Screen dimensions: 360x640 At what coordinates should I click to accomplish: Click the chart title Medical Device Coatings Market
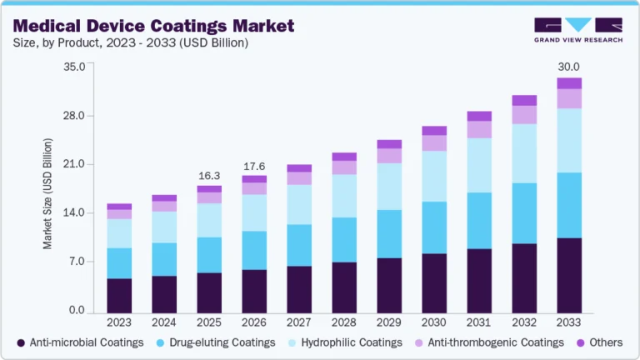coord(153,25)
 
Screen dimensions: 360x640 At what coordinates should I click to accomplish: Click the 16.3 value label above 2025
coord(209,176)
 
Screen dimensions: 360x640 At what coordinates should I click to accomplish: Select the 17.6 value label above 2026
coord(254,166)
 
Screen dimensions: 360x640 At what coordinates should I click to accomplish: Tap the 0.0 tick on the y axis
coord(77,311)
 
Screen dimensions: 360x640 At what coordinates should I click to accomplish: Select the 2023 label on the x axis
coord(119,322)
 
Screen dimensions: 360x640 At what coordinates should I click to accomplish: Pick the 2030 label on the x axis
coord(434,322)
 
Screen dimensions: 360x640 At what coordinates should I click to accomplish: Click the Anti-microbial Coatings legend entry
coord(80,342)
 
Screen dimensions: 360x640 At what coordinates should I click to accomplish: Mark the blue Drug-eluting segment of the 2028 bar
coord(344,240)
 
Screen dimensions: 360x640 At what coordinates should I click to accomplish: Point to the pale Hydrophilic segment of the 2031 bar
coord(479,165)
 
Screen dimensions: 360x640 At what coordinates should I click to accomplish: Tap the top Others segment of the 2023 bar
coord(119,206)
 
